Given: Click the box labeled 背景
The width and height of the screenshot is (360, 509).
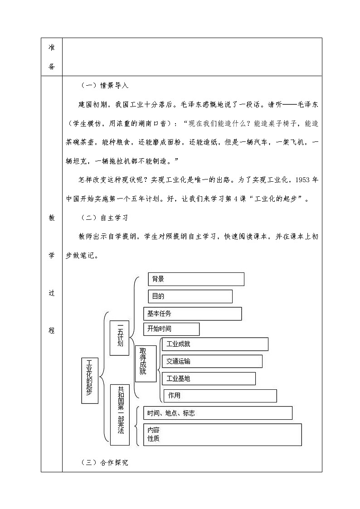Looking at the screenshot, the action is pyautogui.click(x=196, y=279).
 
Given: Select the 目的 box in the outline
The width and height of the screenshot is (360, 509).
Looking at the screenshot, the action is pyautogui.click(x=190, y=296).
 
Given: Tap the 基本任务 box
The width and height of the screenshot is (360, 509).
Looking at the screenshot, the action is pyautogui.click(x=193, y=314).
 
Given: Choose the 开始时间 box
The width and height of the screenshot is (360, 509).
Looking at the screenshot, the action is pyautogui.click(x=171, y=329).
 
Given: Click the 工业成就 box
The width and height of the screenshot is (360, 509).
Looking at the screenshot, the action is pyautogui.click(x=215, y=344).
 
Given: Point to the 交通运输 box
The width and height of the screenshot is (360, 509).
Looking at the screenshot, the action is pyautogui.click(x=212, y=361).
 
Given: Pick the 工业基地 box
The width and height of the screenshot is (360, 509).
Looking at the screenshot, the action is pyautogui.click(x=209, y=378).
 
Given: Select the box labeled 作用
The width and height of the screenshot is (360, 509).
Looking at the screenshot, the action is pyautogui.click(x=220, y=396).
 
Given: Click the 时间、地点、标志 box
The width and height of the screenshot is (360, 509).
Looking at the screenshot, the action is pyautogui.click(x=218, y=413).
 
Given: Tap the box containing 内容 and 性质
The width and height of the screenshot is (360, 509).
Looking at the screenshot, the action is pyautogui.click(x=223, y=435).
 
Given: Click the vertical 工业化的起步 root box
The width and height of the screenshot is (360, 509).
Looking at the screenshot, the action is pyautogui.click(x=90, y=380).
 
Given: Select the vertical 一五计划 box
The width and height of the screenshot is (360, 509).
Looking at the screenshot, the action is pyautogui.click(x=119, y=338).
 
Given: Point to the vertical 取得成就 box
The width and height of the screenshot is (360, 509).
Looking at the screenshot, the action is pyautogui.click(x=146, y=364).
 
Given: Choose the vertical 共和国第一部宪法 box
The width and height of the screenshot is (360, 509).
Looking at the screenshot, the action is pyautogui.click(x=120, y=415).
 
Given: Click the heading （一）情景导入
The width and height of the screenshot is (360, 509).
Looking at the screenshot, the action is pyautogui.click(x=105, y=86).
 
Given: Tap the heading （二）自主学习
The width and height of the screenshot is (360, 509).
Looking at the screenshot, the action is pyautogui.click(x=105, y=218).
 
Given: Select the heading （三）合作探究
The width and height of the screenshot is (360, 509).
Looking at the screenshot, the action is pyautogui.click(x=105, y=463).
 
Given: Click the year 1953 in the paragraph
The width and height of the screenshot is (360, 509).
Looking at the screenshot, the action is pyautogui.click(x=302, y=180).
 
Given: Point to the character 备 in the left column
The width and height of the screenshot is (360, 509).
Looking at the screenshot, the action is pyautogui.click(x=52, y=66).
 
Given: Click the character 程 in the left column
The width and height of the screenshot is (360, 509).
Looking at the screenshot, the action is pyautogui.click(x=52, y=330).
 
